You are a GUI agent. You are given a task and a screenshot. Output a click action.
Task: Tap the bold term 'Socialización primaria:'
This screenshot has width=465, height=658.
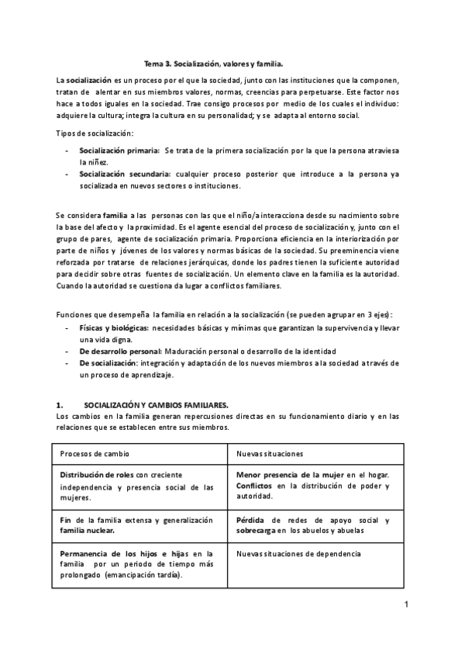[119, 148]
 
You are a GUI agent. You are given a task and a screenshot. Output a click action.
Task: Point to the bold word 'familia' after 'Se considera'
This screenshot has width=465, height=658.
[115, 213]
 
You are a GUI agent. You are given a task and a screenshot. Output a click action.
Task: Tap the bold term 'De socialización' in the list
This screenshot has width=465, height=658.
[109, 362]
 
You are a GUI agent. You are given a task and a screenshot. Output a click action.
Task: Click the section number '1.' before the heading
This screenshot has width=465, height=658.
[60, 405]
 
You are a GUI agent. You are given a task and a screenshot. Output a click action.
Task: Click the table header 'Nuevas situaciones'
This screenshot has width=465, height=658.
[270, 453]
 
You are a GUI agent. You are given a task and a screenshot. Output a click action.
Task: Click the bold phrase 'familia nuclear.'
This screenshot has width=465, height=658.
[87, 531]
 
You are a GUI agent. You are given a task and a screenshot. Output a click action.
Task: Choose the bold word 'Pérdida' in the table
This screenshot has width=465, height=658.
[252, 520]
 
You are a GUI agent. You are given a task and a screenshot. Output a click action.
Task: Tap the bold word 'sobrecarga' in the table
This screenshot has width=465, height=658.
[257, 531]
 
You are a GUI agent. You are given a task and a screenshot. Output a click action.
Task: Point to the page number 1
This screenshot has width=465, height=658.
[405, 603]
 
